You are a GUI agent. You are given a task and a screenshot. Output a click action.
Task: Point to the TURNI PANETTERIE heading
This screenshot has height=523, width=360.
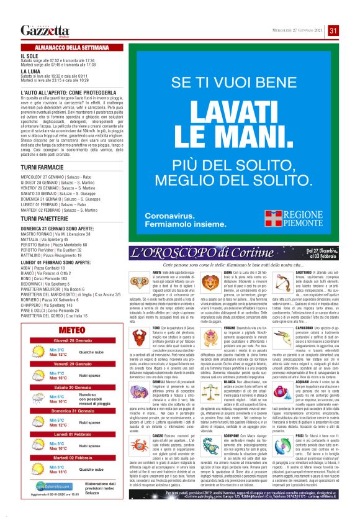point(43,219)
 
